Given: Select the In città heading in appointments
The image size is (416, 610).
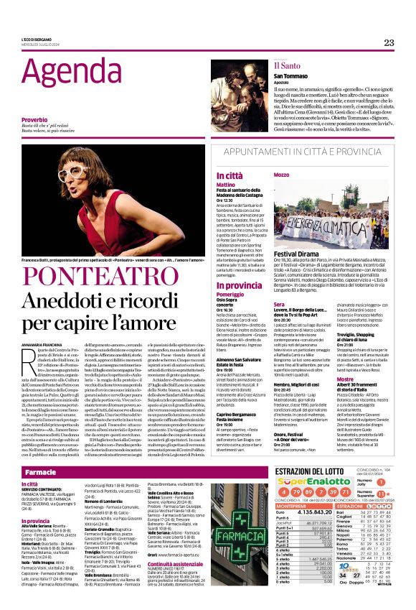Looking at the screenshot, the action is [x=230, y=175].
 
